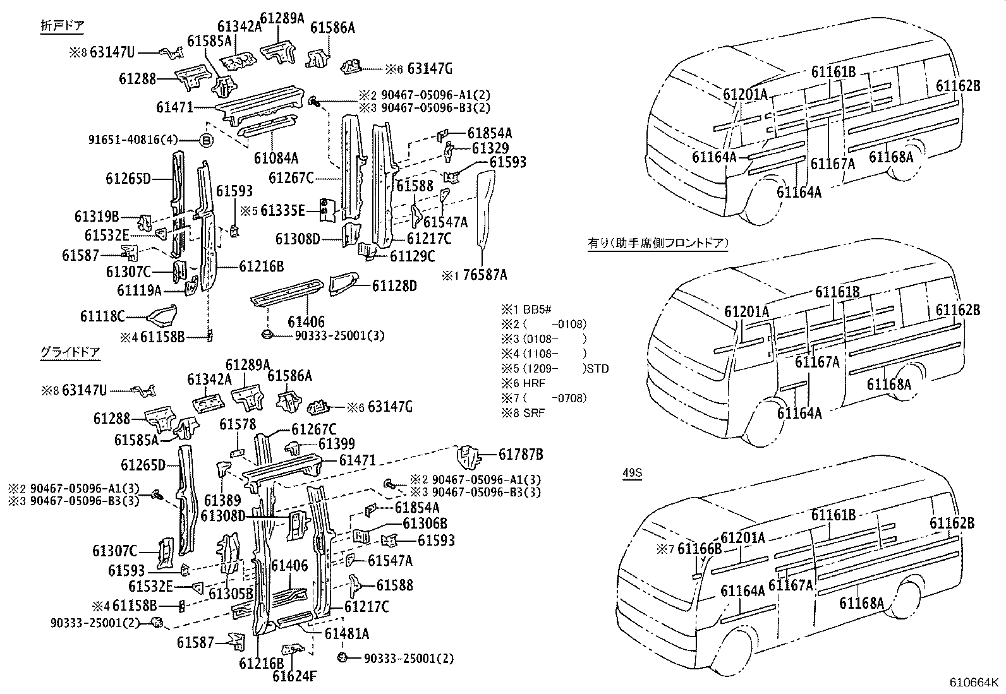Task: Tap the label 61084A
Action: (276, 158)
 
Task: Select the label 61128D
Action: (394, 286)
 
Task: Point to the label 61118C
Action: (102, 316)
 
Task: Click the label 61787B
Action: (521, 454)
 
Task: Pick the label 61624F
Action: (294, 677)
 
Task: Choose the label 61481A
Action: (347, 633)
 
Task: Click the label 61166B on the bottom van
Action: (699, 549)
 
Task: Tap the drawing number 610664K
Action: (974, 683)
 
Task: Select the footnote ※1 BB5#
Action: (527, 310)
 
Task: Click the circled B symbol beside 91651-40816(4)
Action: (207, 140)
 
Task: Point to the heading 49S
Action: (632, 473)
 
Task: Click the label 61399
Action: (336, 445)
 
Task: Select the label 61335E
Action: (282, 210)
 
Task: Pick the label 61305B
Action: (231, 594)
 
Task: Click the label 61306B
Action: (425, 523)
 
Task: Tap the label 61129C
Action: (412, 256)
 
